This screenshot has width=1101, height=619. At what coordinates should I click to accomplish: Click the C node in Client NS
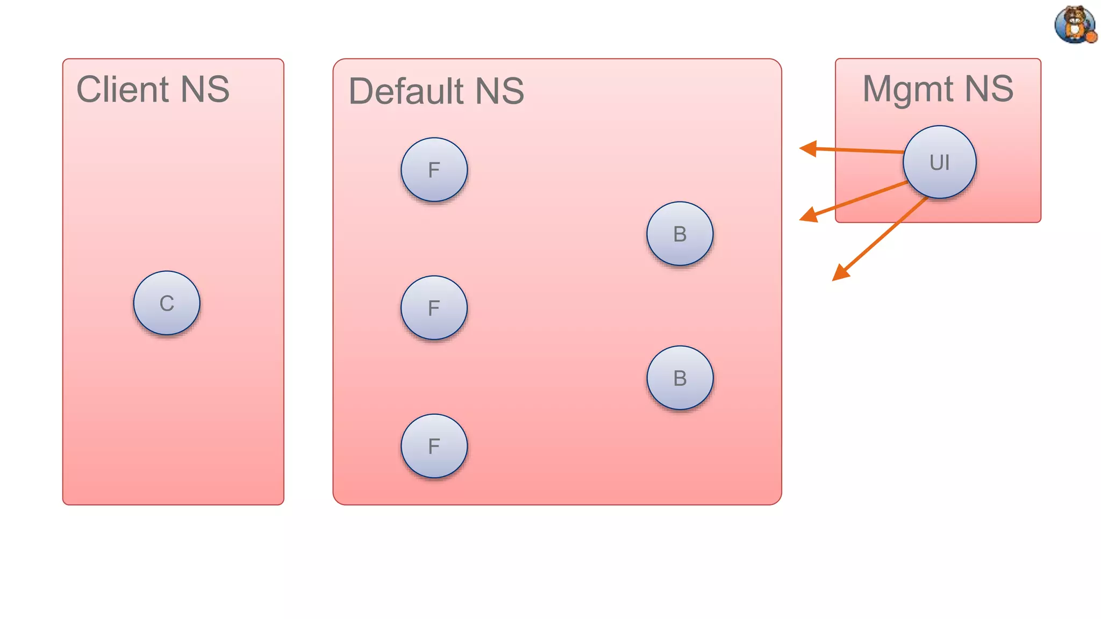tap(167, 303)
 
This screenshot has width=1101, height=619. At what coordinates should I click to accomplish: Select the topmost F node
tap(434, 170)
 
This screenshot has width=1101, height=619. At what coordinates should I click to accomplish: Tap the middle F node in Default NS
tap(434, 308)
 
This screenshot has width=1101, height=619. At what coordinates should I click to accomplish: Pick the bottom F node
tap(434, 446)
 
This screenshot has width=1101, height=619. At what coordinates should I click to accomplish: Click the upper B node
tap(680, 234)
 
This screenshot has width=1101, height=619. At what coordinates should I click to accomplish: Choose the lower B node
tap(680, 378)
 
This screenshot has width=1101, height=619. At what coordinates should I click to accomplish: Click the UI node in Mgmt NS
tap(940, 162)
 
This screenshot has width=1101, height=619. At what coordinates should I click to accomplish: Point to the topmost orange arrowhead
tap(808, 148)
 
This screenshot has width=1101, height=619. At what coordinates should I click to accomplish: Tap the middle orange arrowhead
tap(809, 215)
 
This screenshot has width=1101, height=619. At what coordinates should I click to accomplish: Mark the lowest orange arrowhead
tap(840, 273)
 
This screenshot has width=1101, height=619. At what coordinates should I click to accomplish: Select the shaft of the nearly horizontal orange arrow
tap(860, 150)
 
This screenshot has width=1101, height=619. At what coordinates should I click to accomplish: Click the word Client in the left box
tap(123, 89)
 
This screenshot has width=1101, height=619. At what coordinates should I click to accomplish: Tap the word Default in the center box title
tap(406, 91)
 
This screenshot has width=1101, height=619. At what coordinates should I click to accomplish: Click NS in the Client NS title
tap(205, 89)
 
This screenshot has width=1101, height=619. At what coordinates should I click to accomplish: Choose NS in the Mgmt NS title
tap(989, 89)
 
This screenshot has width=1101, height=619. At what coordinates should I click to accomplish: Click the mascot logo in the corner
tap(1075, 25)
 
